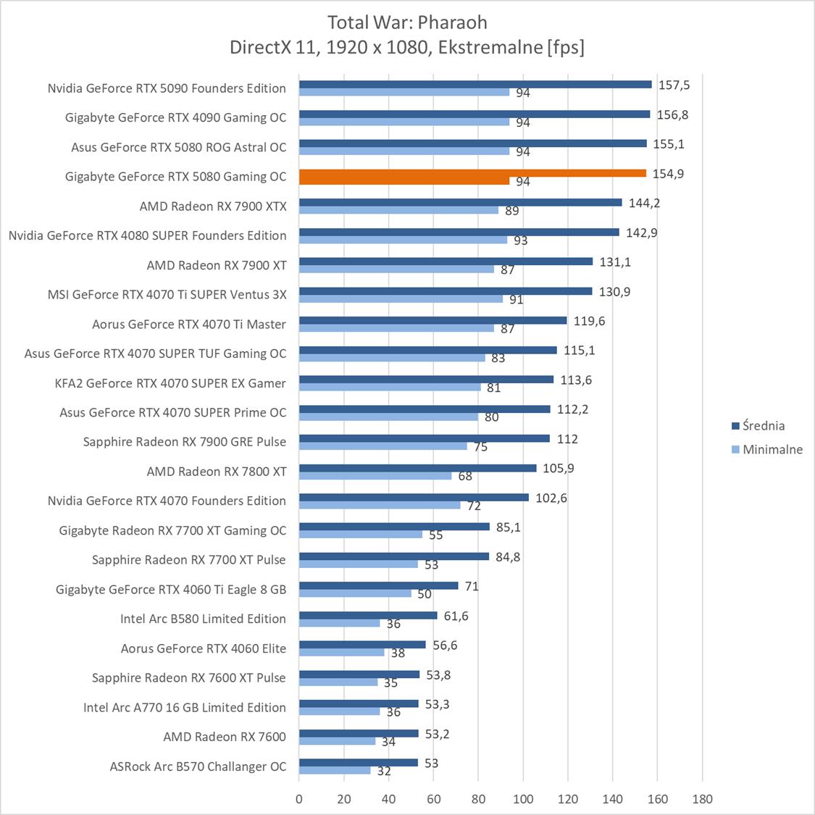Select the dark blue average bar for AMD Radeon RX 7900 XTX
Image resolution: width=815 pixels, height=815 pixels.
pos(460,203)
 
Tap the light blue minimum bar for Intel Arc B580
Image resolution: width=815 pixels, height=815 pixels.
pos(339,623)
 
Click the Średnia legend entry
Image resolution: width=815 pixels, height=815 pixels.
pos(763,426)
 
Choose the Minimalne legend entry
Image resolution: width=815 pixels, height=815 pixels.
pos(772,449)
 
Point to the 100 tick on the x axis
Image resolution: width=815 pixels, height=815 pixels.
pos(523,799)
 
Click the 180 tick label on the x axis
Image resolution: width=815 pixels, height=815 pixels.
pos(702,799)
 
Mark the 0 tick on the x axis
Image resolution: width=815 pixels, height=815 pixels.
pos(299,799)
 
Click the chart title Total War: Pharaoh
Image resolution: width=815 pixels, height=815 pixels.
pos(407,22)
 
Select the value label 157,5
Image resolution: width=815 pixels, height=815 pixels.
pos(674,85)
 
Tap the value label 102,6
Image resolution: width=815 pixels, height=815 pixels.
pos(551,498)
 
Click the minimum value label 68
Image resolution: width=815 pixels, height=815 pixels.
pos(465,476)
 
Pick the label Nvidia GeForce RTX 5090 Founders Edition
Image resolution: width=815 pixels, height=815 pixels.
pos(167,88)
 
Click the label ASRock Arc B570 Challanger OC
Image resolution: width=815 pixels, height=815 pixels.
pos(198,766)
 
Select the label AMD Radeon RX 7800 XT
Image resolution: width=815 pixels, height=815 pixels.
pos(217,472)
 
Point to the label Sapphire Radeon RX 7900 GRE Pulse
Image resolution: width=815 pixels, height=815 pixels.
pos(185,442)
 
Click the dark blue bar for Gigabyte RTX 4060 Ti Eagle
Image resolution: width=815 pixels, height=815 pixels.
pos(378,585)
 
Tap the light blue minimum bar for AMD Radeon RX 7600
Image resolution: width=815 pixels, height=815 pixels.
pos(337,741)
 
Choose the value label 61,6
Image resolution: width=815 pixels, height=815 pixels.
pos(456,616)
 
